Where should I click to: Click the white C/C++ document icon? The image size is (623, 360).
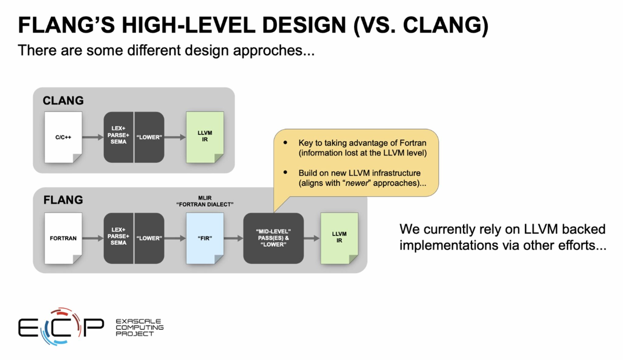(63, 137)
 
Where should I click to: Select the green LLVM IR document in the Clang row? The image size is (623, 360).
(205, 137)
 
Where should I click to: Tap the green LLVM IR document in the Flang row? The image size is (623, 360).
(339, 238)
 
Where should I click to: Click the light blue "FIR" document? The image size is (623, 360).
(205, 238)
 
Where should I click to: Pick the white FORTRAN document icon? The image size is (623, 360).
(63, 238)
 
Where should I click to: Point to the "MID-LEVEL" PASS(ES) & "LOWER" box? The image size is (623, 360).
(273, 238)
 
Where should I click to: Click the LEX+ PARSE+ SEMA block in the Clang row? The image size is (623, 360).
(118, 137)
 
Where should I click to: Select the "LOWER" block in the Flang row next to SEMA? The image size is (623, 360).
(149, 238)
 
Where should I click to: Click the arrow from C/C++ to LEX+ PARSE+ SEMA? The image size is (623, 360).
(93, 137)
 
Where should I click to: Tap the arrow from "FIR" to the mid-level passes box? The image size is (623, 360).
(234, 238)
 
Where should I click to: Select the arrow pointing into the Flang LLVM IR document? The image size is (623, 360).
(312, 238)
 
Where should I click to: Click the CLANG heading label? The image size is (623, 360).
(63, 100)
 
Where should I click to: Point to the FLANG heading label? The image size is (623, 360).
(63, 200)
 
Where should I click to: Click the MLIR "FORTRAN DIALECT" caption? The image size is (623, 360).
(205, 201)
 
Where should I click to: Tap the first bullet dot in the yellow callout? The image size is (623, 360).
(285, 142)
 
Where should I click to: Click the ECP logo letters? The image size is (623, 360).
(61, 327)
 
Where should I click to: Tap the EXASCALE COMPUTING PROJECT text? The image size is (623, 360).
(140, 327)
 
